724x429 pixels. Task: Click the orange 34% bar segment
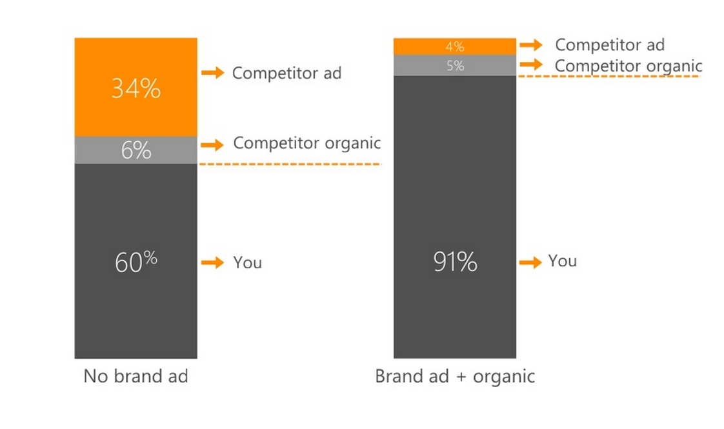pyautogui.click(x=136, y=87)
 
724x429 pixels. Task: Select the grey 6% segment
pyautogui.click(x=136, y=150)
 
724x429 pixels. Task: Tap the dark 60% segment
pyautogui.click(x=136, y=261)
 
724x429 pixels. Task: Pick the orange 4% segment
pyautogui.click(x=455, y=46)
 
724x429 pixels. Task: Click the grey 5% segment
pyautogui.click(x=455, y=66)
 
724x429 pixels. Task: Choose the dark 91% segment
pyautogui.click(x=455, y=217)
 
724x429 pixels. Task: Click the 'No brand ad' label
pyautogui.click(x=136, y=376)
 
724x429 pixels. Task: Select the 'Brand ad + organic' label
pyautogui.click(x=455, y=377)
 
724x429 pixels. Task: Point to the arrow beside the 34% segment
pyautogui.click(x=213, y=72)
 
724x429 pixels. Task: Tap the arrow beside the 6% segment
pyautogui.click(x=213, y=145)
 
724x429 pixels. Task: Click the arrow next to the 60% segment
pyautogui.click(x=213, y=263)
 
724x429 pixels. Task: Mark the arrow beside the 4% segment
pyautogui.click(x=532, y=45)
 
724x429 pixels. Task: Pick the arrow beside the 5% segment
pyautogui.click(x=532, y=65)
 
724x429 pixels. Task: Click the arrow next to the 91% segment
pyautogui.click(x=530, y=263)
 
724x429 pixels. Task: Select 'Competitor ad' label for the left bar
pyautogui.click(x=287, y=73)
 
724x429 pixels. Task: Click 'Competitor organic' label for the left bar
pyautogui.click(x=307, y=144)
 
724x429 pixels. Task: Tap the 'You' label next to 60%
pyautogui.click(x=248, y=263)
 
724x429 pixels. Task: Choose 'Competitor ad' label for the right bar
pyautogui.click(x=610, y=45)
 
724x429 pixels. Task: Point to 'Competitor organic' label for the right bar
pyautogui.click(x=628, y=66)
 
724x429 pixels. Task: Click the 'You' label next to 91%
pyautogui.click(x=563, y=261)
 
